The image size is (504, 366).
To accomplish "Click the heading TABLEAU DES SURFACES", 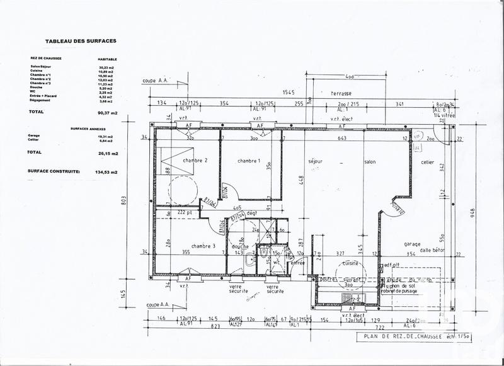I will pos(80,41).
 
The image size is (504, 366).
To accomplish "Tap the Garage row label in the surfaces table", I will pos(33,135).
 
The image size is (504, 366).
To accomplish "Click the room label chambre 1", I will pos(249,161).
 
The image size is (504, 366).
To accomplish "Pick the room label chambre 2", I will pos(195,161).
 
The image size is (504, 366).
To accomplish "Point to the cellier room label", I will pos(428,162).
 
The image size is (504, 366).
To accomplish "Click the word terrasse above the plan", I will pos(341,93).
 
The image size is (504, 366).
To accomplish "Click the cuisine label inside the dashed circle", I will pos(350,264).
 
